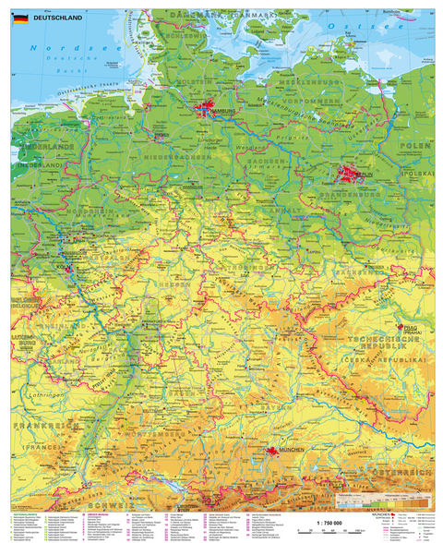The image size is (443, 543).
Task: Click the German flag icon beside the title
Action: [19, 18]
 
